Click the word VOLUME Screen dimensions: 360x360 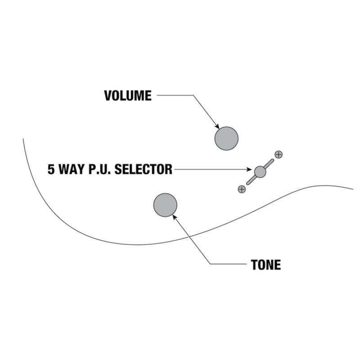click(x=128, y=95)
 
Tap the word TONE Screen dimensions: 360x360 click(x=266, y=265)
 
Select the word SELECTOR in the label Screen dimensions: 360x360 click(x=143, y=170)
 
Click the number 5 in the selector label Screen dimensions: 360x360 click(x=51, y=170)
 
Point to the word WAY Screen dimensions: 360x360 click(x=72, y=170)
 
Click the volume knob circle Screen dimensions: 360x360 click(x=226, y=139)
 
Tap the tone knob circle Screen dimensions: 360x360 click(x=165, y=205)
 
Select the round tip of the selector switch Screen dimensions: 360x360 click(x=260, y=172)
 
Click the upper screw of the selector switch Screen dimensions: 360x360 click(x=279, y=155)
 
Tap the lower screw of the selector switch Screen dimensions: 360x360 click(x=242, y=189)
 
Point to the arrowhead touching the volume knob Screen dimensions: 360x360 click(x=217, y=126)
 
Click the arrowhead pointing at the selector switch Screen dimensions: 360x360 click(x=249, y=170)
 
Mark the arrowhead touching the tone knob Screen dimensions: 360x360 click(x=175, y=217)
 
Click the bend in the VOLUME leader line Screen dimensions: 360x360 click(x=193, y=95)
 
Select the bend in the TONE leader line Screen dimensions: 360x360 click(x=210, y=264)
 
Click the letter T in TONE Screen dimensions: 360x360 click(x=254, y=265)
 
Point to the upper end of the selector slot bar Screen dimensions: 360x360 click(x=273, y=160)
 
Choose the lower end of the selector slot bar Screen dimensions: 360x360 click(x=248, y=184)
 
